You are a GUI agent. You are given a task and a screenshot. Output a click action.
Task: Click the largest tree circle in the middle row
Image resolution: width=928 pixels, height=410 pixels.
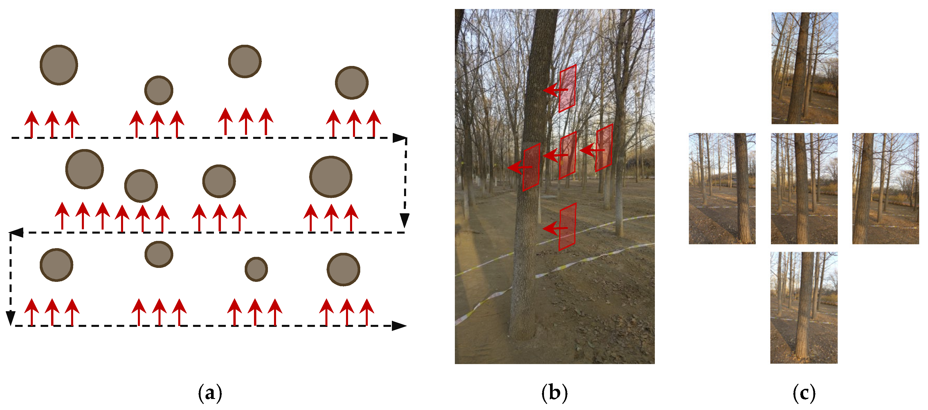(x=330, y=177)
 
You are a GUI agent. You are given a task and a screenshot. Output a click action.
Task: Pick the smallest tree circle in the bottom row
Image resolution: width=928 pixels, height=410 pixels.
(x=256, y=269)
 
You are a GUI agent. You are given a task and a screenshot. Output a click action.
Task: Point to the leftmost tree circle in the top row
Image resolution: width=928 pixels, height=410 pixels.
(x=59, y=65)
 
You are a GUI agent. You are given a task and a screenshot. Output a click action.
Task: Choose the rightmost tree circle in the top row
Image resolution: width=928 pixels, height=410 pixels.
(x=352, y=83)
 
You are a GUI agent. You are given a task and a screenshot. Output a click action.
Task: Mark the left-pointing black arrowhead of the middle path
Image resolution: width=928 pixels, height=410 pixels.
(x=16, y=232)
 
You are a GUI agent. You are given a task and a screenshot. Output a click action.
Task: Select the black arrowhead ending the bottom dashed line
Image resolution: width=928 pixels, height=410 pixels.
(x=399, y=326)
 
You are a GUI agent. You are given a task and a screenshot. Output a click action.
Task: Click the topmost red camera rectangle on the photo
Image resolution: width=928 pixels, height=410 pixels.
(x=567, y=88)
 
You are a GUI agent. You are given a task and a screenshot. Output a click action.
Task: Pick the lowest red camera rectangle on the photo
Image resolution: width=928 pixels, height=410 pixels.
(x=567, y=227)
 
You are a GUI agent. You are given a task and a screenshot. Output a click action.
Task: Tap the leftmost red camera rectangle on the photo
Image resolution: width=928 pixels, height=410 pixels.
(x=531, y=167)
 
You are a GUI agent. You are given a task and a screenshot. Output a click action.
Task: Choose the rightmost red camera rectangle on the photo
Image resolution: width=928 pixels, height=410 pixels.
(x=604, y=148)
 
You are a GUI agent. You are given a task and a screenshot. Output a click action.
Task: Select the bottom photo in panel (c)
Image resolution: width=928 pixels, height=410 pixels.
(x=804, y=308)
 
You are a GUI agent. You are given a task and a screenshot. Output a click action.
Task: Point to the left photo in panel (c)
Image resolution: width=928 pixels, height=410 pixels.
(x=722, y=189)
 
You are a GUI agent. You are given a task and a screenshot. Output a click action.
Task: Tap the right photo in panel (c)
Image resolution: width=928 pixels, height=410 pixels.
(x=886, y=189)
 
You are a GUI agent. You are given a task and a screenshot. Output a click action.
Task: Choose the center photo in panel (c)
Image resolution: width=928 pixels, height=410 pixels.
(x=804, y=189)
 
